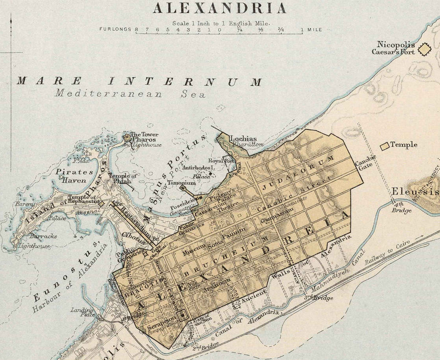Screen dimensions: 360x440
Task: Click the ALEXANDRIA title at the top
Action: pyautogui.click(x=220, y=8)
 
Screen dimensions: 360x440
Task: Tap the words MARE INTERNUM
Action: pyautogui.click(x=139, y=82)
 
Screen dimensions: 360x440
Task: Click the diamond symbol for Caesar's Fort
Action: pyautogui.click(x=424, y=49)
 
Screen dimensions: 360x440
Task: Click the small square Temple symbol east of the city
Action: pyautogui.click(x=385, y=145)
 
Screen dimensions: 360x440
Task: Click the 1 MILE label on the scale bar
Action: pyautogui.click(x=311, y=29)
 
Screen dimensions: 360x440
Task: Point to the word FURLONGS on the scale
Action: pyautogui.click(x=116, y=29)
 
